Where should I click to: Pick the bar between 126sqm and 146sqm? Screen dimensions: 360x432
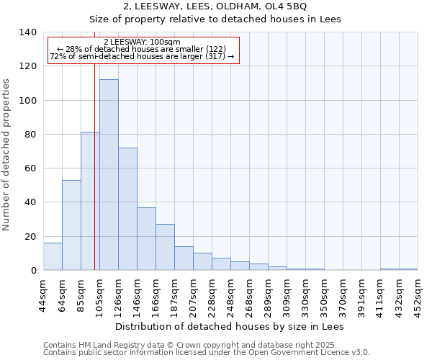pyautogui.click(x=127, y=209)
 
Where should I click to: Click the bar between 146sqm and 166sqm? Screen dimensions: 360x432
pyautogui.click(x=146, y=238)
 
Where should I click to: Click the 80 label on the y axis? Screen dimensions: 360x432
pyautogui.click(x=31, y=135)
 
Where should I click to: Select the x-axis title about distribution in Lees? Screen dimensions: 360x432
pyautogui.click(x=230, y=327)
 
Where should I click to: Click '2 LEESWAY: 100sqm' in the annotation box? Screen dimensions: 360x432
pyautogui.click(x=143, y=42)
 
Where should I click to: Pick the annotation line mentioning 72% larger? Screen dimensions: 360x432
pyautogui.click(x=143, y=56)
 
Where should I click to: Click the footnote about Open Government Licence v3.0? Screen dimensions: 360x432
pyautogui.click(x=207, y=353)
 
